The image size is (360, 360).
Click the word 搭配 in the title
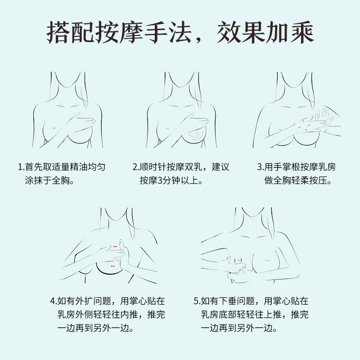coord(71,32)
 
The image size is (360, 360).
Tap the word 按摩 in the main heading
coord(119,32)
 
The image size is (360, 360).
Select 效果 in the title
coord(241,32)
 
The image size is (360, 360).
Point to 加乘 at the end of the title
coord(289,32)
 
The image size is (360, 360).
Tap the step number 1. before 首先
coord(21,167)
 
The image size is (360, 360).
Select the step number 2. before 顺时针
coord(136,167)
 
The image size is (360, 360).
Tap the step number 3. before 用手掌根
coord(261,167)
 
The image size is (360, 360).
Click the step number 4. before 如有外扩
coord(54,301)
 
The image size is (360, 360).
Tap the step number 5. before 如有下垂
coord(197,301)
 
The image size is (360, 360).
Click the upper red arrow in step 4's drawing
coord(115,247)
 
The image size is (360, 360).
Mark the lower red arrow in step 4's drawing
coord(113,266)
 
